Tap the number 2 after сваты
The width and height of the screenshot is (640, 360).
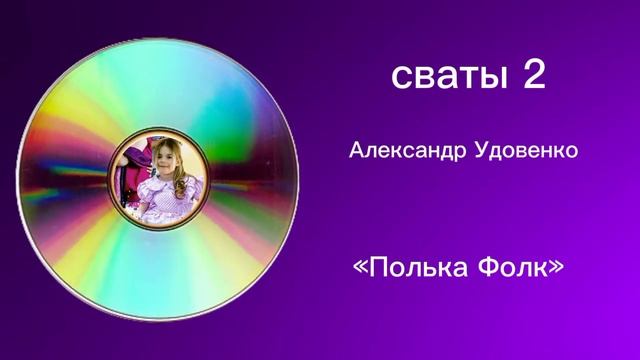point(533,76)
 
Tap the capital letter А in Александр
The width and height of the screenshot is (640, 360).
point(356,151)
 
